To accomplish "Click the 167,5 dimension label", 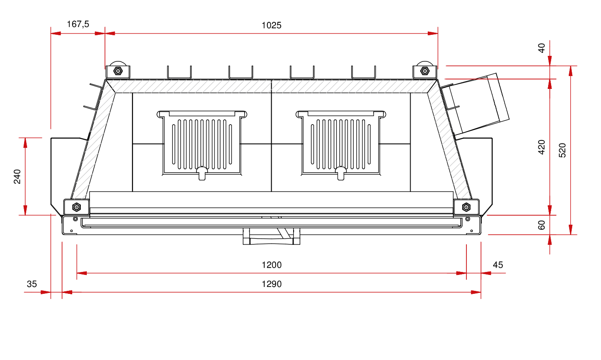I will [78, 24].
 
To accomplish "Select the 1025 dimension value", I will [271, 25].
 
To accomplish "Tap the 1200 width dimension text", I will [271, 265].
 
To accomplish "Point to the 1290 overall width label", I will [271, 284].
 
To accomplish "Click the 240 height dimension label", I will [17, 177].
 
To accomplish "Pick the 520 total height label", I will [562, 150].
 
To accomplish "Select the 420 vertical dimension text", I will [542, 147].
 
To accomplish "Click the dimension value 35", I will [32, 284].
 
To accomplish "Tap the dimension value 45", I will [498, 265].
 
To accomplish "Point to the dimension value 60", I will [542, 225].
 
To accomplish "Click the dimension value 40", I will [542, 48].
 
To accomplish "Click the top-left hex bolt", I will [118, 71].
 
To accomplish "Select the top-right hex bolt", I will [424, 71].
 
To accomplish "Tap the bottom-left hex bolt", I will [77, 207].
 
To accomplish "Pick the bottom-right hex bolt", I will [466, 207].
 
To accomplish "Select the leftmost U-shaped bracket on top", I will [179, 73].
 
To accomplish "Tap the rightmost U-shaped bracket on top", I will [363, 73].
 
